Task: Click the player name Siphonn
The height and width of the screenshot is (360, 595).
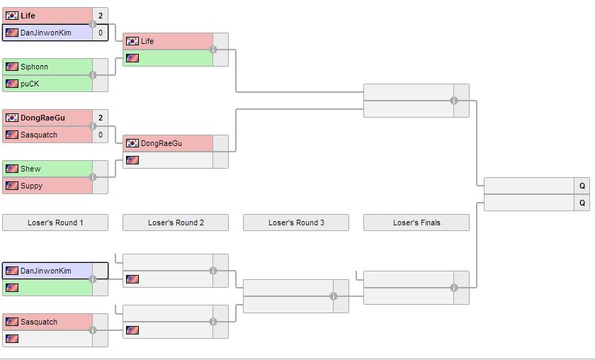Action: click(34, 67)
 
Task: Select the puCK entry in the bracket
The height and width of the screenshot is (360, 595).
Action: click(30, 84)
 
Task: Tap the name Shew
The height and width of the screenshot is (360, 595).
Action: click(30, 169)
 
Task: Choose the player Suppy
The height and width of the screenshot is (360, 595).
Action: click(31, 186)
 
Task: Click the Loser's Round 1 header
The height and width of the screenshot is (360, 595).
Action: click(55, 223)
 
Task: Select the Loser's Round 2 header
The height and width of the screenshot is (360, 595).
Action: click(176, 223)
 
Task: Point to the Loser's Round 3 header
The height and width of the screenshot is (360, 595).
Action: click(296, 223)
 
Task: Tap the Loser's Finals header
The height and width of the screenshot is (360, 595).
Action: click(416, 223)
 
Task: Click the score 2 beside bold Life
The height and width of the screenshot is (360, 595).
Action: click(101, 16)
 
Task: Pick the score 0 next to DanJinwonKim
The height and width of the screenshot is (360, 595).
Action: click(101, 33)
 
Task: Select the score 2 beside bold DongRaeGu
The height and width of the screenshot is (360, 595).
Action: click(101, 118)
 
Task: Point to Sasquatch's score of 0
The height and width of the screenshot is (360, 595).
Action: click(101, 135)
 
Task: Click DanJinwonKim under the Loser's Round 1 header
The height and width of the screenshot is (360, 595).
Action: click(45, 271)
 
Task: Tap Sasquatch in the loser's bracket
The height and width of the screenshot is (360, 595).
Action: click(38, 322)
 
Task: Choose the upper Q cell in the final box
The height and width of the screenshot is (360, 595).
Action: click(582, 186)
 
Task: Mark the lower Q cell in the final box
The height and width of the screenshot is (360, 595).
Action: click(582, 203)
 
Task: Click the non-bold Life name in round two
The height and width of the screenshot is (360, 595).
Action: click(147, 41)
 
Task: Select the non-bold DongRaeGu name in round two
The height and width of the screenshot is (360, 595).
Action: click(161, 143)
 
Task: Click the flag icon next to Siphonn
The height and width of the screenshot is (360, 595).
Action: click(12, 67)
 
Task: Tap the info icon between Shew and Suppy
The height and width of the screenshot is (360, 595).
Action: click(93, 177)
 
